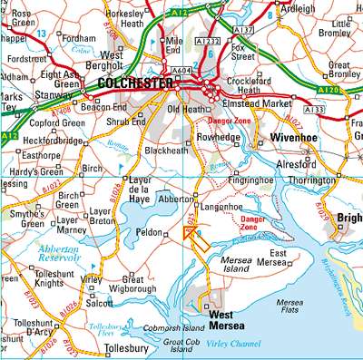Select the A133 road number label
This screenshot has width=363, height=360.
314,110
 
